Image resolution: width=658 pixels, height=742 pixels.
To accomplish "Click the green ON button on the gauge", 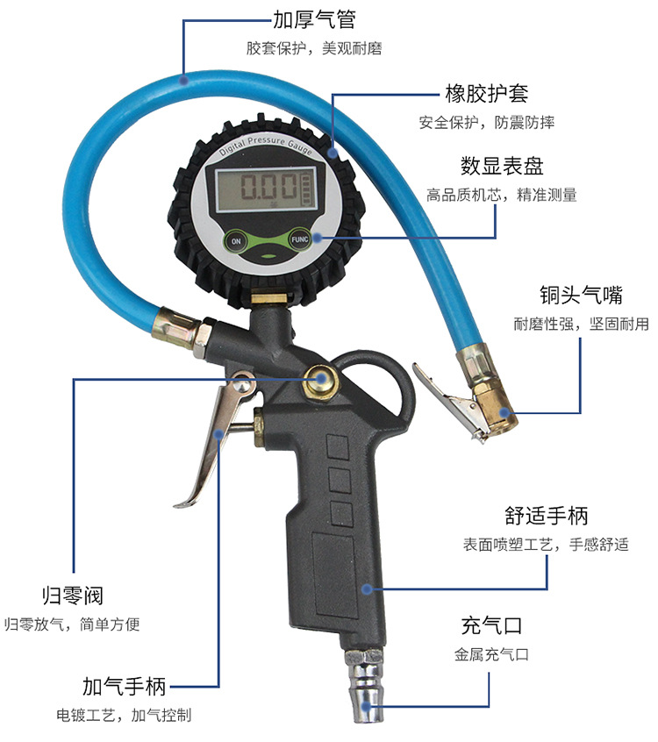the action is click(235, 239).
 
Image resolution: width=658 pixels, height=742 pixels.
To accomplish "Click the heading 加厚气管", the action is click(314, 19).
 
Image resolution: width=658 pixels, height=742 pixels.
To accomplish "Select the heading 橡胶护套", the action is click(486, 94).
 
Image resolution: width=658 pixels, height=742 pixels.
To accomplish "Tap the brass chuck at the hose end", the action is click(488, 399).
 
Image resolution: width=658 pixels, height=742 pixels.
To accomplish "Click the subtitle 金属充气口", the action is click(491, 654).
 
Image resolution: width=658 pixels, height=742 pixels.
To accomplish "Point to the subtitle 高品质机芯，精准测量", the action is click(501, 195).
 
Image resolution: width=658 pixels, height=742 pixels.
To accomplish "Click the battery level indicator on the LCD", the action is click(305, 189).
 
